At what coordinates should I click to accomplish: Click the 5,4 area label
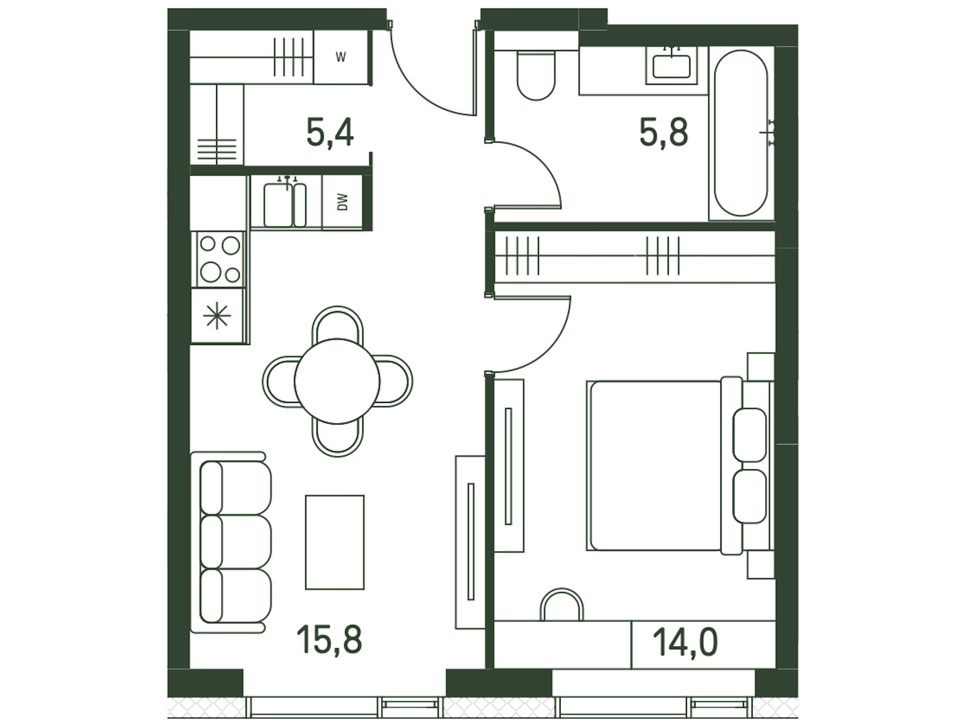[330, 132]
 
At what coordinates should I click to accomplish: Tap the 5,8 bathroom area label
[664, 132]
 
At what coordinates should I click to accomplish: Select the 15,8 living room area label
[329, 639]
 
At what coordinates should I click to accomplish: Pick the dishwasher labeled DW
[343, 202]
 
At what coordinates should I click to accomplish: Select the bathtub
[740, 132]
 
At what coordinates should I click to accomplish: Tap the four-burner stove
[220, 259]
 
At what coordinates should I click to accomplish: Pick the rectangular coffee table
[335, 542]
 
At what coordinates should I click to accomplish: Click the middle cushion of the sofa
[236, 542]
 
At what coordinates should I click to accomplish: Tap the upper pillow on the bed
[749, 435]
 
